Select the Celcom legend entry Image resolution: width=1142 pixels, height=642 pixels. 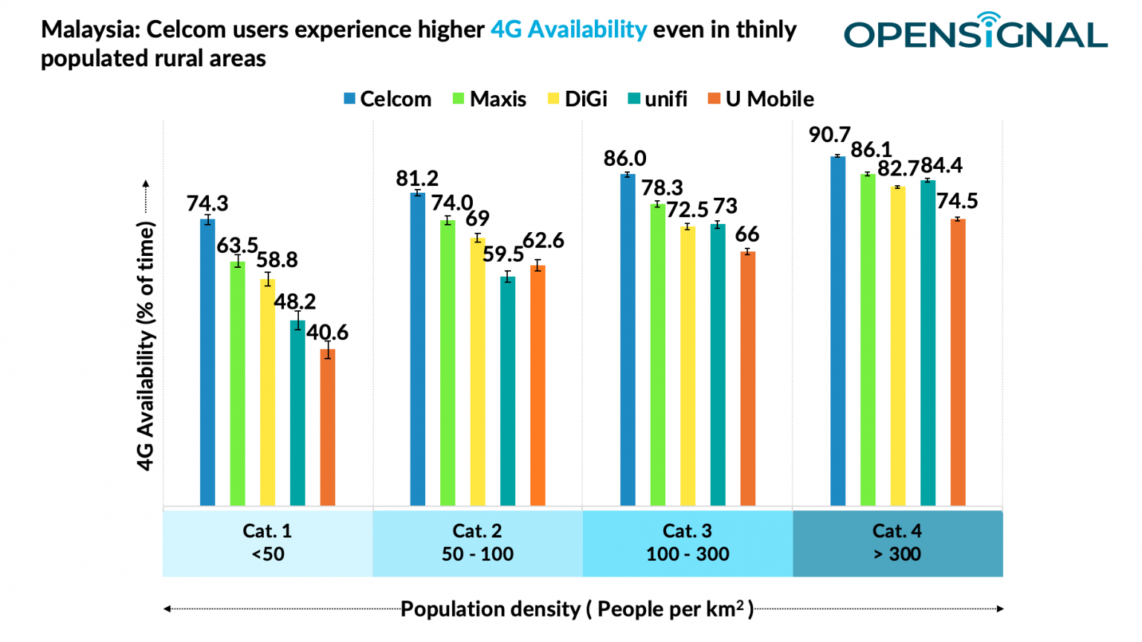(387, 99)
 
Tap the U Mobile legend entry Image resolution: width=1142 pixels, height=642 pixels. (761, 99)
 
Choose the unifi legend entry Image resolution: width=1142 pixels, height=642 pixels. (657, 99)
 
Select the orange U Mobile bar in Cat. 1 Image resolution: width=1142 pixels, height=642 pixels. (328, 428)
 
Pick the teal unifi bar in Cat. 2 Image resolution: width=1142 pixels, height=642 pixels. (508, 391)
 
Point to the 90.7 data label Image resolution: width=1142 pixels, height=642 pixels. (829, 135)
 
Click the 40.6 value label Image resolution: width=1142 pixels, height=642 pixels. (327, 333)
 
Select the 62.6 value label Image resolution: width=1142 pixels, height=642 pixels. (543, 241)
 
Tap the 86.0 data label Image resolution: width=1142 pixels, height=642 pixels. (625, 158)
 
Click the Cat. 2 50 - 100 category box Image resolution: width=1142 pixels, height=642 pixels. (477, 542)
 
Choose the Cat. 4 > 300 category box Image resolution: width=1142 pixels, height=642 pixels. (897, 542)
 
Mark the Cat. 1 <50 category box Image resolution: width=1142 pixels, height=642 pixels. (268, 542)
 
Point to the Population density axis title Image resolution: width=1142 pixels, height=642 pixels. (577, 609)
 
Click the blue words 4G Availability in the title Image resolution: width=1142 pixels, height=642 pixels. (569, 30)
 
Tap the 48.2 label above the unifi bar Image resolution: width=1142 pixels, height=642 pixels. (294, 302)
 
